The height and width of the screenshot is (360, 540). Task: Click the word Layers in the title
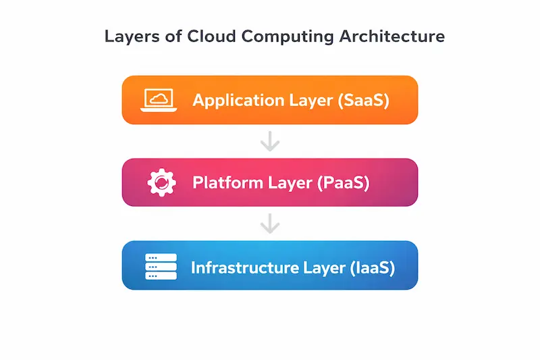click(x=132, y=37)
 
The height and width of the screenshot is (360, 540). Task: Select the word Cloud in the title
click(x=211, y=36)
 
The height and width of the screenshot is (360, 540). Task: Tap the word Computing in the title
click(x=288, y=37)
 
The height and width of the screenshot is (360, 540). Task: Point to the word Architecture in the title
click(x=392, y=36)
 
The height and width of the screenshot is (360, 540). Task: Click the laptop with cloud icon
click(x=159, y=100)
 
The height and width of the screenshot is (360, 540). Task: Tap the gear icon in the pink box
click(x=161, y=182)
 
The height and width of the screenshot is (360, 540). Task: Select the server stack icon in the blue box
click(x=161, y=266)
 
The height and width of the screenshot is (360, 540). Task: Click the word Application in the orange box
click(x=238, y=101)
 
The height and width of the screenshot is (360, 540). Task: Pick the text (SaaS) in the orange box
click(x=363, y=101)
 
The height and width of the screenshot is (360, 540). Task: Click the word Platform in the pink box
click(x=227, y=182)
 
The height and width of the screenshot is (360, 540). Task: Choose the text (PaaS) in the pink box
click(x=344, y=182)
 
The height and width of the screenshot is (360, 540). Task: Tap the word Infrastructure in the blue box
click(x=245, y=267)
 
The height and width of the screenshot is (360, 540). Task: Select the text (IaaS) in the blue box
click(x=373, y=267)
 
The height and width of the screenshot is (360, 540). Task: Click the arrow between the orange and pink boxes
click(x=270, y=141)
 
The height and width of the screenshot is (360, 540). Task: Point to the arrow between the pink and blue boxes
click(x=270, y=224)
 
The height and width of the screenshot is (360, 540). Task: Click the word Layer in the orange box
click(x=311, y=101)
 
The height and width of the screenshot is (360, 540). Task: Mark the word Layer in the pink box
click(x=290, y=183)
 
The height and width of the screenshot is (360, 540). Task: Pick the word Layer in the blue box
click(x=325, y=268)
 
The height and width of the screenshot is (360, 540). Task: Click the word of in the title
click(x=173, y=36)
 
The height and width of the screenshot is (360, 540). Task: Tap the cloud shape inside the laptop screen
click(x=159, y=99)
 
